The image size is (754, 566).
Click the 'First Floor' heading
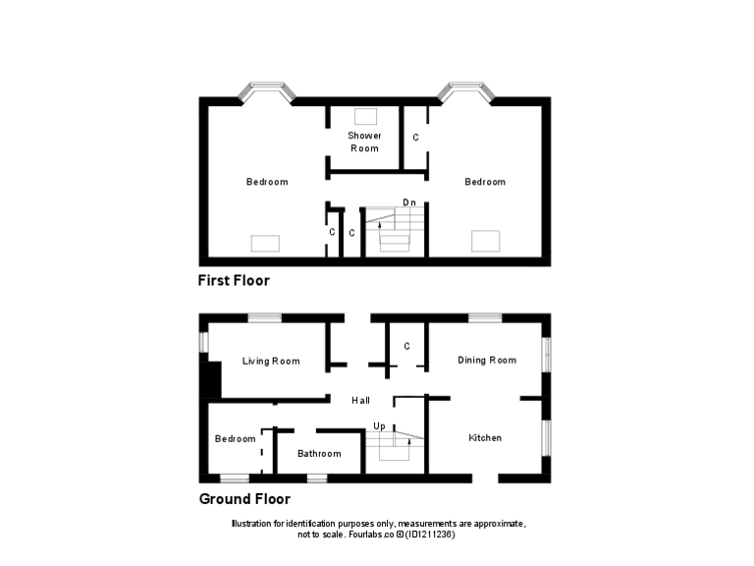tap(234, 280)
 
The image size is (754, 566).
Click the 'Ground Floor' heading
tap(244, 498)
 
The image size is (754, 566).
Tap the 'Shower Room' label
tap(364, 141)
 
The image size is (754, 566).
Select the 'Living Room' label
tap(271, 361)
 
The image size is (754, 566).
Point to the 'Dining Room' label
tap(487, 360)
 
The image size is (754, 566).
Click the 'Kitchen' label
tap(485, 437)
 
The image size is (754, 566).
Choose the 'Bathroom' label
tap(319, 453)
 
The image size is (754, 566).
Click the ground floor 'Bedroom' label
tap(236, 438)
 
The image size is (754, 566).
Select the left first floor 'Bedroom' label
tap(267, 182)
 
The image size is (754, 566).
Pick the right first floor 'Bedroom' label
tap(485, 182)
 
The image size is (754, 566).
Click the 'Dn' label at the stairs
tap(409, 202)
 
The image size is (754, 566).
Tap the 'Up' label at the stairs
tap(379, 426)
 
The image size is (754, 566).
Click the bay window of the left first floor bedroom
tap(267, 92)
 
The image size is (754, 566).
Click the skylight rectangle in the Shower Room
tap(365, 115)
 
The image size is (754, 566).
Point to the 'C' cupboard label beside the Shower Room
tap(415, 138)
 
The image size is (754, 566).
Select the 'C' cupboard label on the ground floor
tap(406, 346)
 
